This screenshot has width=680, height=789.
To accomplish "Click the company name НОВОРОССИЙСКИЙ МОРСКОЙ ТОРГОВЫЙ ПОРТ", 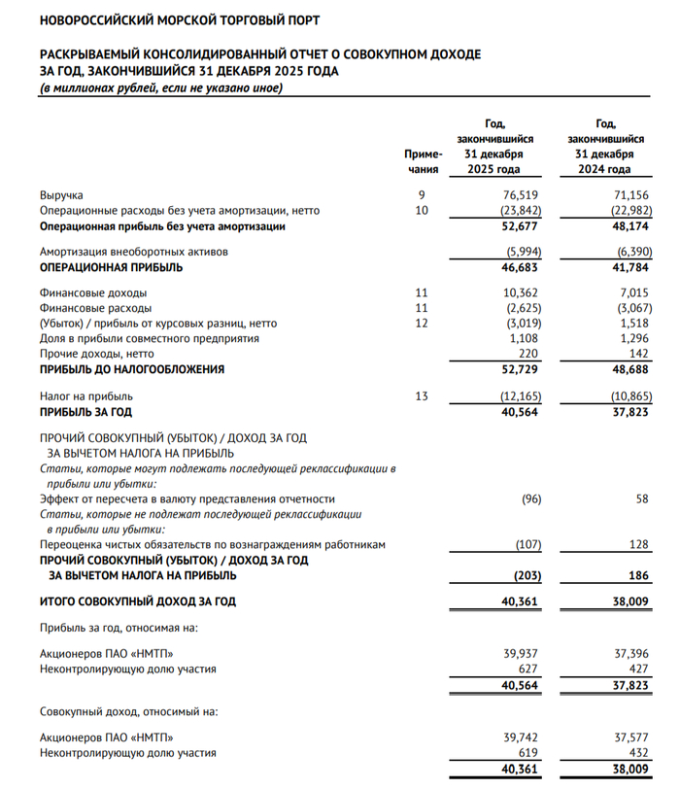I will point(180,19).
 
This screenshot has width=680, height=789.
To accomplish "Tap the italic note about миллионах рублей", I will point(160,88).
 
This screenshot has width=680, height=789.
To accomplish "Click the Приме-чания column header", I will point(423,161).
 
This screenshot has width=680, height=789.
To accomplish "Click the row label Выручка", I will point(61,195).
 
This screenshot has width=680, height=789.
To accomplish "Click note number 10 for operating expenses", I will point(422,211).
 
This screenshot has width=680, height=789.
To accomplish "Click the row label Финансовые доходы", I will point(93,292).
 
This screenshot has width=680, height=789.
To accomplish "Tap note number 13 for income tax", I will point(422,396).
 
